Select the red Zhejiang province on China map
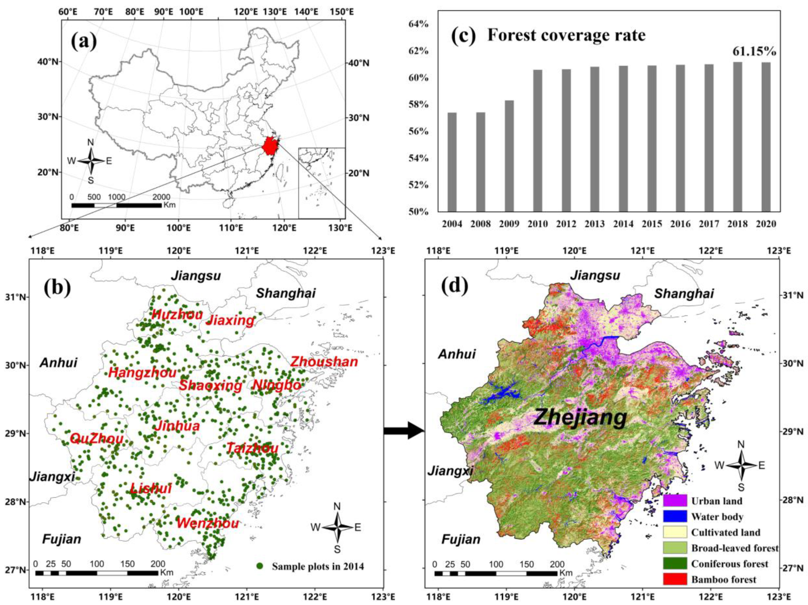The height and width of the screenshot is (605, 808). pos(270,146)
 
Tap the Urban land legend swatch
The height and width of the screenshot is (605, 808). pos(675,500)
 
